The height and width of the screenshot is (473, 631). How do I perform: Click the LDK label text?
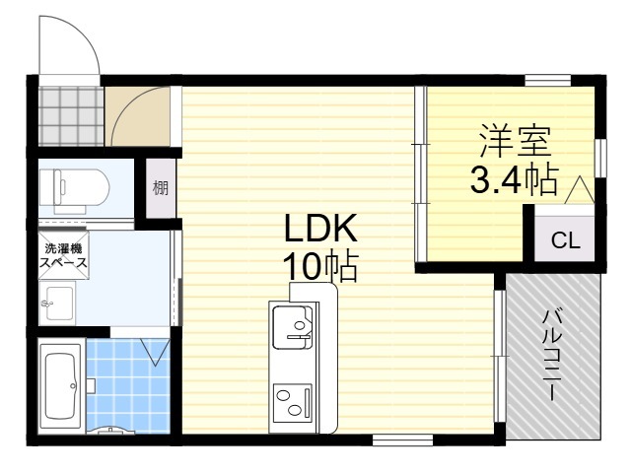(x=320, y=228)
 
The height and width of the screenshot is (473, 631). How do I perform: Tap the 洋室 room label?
(x=516, y=142)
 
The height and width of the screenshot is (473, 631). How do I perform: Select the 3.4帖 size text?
(x=515, y=179)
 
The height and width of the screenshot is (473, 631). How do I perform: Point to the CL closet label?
(x=565, y=240)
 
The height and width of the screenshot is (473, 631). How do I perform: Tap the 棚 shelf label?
(x=160, y=188)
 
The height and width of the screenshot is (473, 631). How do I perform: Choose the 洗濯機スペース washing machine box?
(x=63, y=254)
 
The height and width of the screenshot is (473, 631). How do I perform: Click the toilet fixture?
(x=75, y=189)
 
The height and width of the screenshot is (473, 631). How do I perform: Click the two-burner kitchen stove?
(x=293, y=403)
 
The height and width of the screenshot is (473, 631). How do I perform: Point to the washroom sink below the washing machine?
(x=57, y=303)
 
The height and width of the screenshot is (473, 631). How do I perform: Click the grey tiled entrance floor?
(x=71, y=116)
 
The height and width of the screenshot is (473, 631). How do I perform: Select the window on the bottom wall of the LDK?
(x=402, y=439)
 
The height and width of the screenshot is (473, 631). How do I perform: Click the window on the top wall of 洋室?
(x=548, y=81)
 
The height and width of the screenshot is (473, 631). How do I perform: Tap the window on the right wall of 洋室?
(x=600, y=158)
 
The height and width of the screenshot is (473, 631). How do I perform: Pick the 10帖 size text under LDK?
(x=320, y=267)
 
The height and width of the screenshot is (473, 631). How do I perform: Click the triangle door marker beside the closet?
(x=579, y=190)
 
